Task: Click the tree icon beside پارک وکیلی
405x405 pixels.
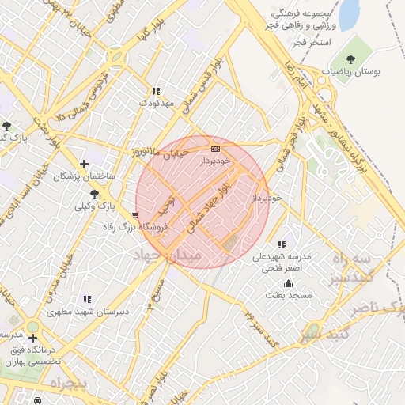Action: click(x=96, y=194)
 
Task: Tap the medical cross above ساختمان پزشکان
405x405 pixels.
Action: click(x=84, y=164)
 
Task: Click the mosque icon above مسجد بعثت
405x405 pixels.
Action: click(x=288, y=283)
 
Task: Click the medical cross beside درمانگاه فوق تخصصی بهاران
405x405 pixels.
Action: click(x=32, y=338)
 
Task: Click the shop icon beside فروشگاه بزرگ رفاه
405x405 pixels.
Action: click(x=136, y=214)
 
